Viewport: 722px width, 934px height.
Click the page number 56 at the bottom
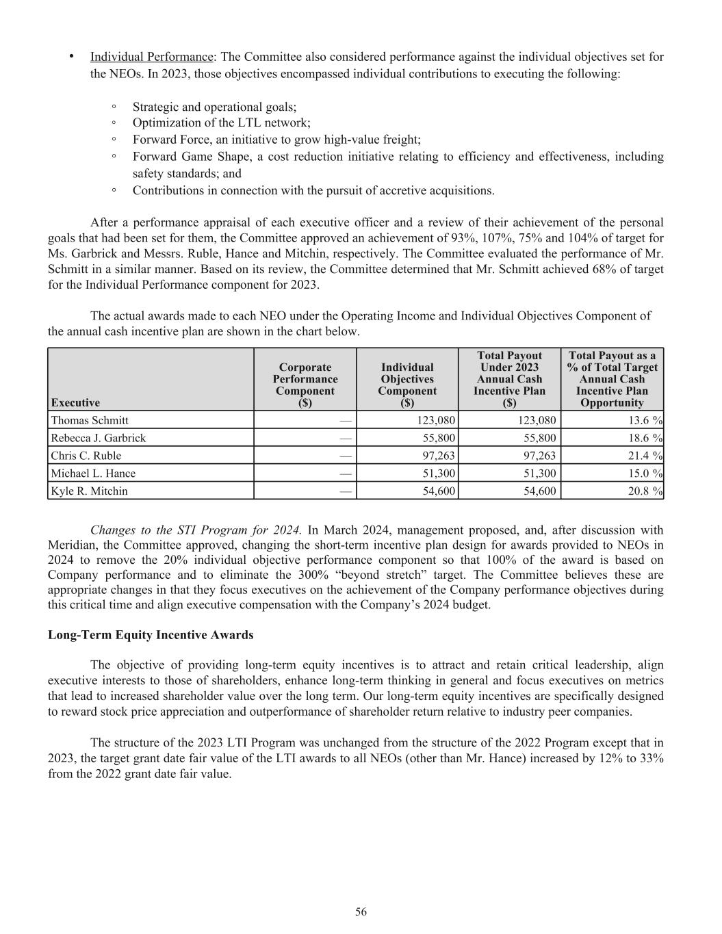361,911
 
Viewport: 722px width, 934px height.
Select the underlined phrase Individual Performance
151,57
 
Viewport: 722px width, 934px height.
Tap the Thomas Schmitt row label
90,420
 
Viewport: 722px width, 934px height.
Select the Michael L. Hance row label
93,474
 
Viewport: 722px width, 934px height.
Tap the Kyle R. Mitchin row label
89,491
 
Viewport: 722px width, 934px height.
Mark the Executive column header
75,402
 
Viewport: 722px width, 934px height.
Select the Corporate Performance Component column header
305,385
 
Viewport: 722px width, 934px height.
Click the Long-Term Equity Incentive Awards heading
151,635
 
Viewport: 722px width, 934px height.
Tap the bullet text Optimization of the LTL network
221,123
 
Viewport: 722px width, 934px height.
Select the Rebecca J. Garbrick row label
99,438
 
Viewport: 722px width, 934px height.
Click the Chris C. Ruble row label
86,456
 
